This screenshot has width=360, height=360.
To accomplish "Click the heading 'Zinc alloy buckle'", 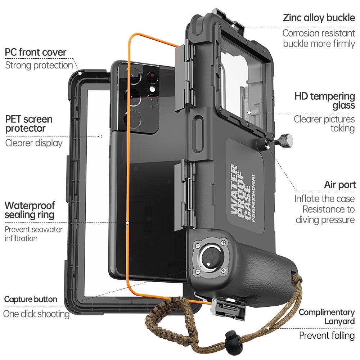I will [319, 18].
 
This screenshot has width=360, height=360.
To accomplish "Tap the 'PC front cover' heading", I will [36, 52].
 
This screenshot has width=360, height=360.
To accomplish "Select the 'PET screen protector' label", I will [29, 123].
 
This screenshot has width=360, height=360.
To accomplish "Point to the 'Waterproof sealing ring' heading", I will [30, 210].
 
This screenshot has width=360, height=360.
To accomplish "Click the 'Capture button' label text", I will [31, 299].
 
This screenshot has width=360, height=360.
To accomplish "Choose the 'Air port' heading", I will [340, 185].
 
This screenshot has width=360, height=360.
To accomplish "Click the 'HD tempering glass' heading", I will [324, 101].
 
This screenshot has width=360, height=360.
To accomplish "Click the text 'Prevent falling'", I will [327, 336].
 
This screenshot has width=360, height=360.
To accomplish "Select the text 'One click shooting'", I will [36, 314].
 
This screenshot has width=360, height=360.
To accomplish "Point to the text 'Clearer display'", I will [34, 143].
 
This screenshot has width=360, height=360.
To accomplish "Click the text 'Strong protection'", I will [39, 65].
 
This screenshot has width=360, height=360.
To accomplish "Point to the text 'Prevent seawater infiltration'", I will [33, 234].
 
